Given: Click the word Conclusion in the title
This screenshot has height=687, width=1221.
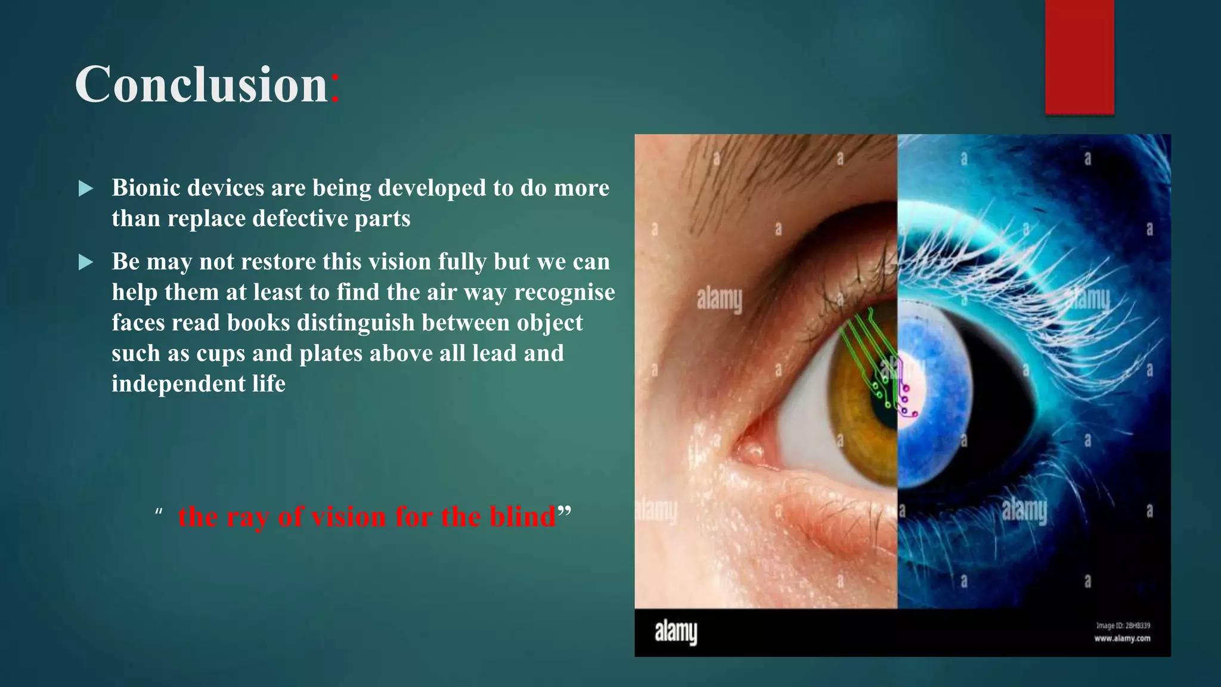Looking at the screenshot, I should coord(201,85).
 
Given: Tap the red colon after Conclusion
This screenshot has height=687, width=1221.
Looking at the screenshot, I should coord(335,86).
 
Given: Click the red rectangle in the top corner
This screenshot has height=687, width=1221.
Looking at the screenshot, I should coord(1079,57).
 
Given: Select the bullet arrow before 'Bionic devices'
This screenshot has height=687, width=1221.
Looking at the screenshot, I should coord(86,189).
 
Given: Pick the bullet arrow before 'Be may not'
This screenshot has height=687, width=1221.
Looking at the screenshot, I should coord(86,262).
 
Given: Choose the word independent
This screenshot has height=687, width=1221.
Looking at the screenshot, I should coord(178,383).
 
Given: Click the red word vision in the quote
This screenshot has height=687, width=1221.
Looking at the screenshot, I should coord(349,516).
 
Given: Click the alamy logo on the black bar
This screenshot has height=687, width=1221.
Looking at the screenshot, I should coord(675,632).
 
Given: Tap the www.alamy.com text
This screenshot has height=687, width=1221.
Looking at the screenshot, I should coord(1122,639).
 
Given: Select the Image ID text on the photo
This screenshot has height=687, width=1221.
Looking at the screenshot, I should coord(1123,626).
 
